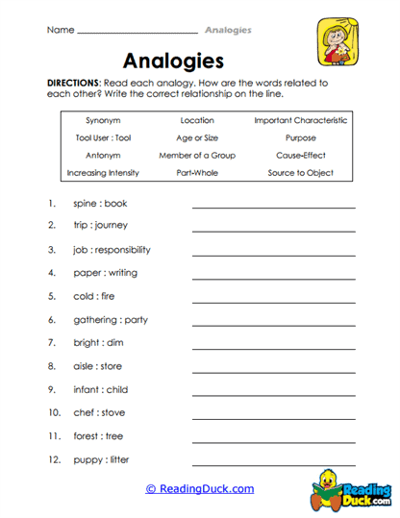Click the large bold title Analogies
(174, 61)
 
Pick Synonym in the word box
(103, 121)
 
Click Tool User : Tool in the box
(103, 138)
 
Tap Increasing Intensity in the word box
(103, 173)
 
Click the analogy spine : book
(100, 204)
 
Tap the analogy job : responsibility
(112, 250)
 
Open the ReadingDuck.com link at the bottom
(200, 489)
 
